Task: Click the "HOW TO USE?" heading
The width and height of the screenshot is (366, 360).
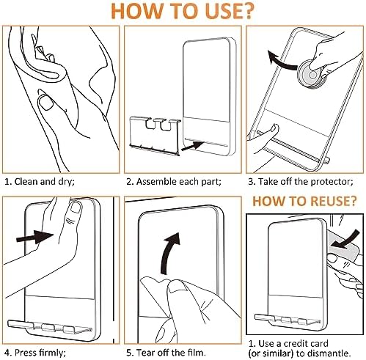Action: (x=183, y=11)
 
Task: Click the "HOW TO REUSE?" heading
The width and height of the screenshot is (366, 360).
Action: (x=304, y=201)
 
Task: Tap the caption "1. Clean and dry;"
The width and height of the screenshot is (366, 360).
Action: (x=40, y=182)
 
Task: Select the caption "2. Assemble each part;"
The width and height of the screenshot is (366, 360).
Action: (x=174, y=182)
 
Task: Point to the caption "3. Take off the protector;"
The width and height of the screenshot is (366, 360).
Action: (x=301, y=182)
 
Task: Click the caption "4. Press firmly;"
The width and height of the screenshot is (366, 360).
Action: (x=35, y=353)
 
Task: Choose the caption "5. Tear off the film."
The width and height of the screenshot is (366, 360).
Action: (x=166, y=353)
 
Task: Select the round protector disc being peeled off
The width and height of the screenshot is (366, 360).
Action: (x=310, y=74)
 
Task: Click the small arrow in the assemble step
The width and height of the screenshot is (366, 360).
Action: (x=193, y=146)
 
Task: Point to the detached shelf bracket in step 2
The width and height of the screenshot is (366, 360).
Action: (x=155, y=135)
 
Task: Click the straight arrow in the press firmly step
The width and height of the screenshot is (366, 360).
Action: (x=35, y=237)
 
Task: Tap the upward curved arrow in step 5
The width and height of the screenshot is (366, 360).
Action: (x=170, y=253)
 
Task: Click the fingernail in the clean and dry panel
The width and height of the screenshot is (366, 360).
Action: (x=46, y=103)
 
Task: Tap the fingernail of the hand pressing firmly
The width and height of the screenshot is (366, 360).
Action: (x=75, y=207)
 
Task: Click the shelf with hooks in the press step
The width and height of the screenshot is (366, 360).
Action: (x=50, y=327)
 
